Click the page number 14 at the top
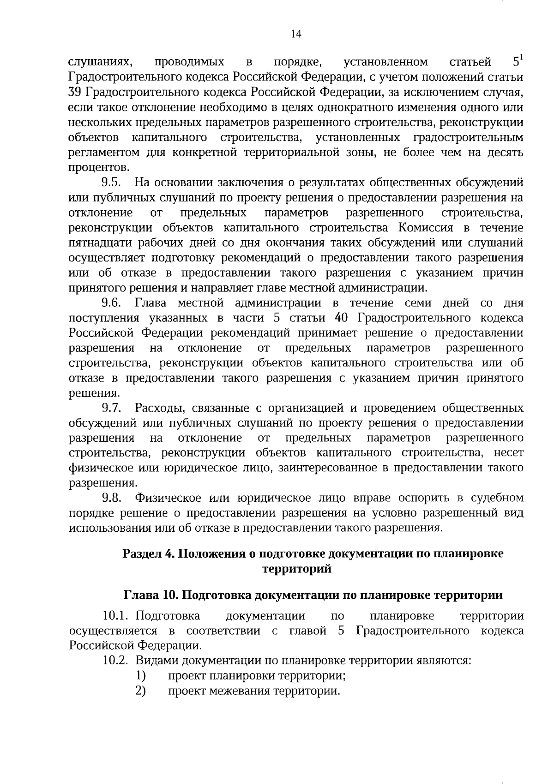click(x=296, y=34)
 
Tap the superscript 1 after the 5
click(x=521, y=57)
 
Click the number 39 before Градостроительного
click(x=75, y=92)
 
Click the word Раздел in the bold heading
click(x=140, y=553)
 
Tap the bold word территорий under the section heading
click(x=297, y=569)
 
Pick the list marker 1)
click(x=141, y=675)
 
